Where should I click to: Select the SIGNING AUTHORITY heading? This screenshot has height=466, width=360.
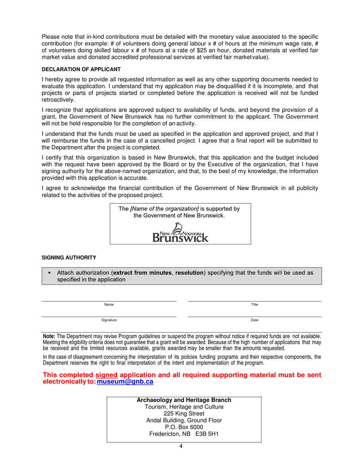(69, 258)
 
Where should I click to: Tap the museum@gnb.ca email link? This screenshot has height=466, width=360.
(125, 382)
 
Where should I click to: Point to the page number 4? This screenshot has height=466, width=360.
(181, 446)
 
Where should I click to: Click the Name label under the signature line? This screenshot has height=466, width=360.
(109, 305)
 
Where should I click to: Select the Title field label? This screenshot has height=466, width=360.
(255, 305)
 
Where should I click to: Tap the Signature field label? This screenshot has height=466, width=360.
(109, 320)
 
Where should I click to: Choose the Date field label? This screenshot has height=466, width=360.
(255, 320)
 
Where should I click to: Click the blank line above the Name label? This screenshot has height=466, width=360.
(109, 301)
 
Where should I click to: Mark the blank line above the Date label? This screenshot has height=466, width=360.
(255, 317)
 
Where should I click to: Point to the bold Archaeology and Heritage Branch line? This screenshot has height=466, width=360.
(184, 400)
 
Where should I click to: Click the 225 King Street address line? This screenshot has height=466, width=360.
(184, 414)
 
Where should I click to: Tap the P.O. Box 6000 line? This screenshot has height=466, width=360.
(184, 427)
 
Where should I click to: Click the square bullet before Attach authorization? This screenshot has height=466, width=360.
(49, 273)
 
